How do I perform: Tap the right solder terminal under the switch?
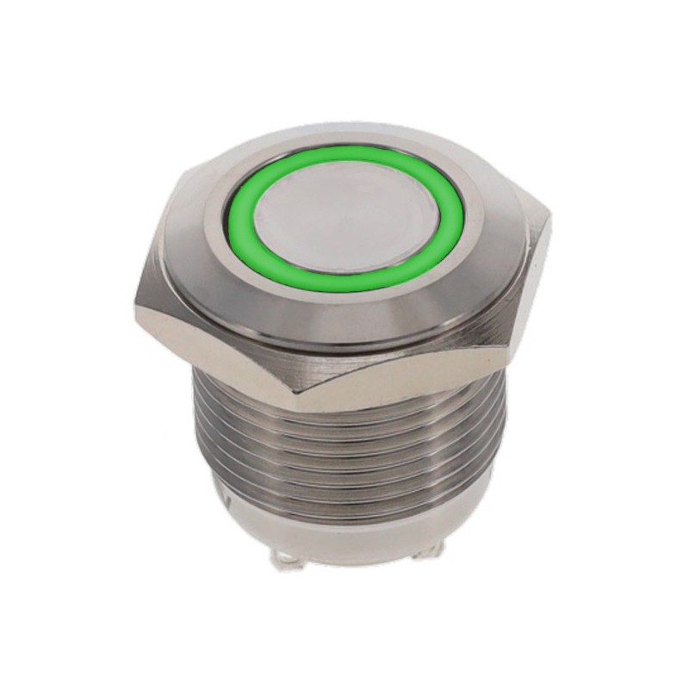pyautogui.click(x=427, y=552)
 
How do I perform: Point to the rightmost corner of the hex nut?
pyautogui.click(x=549, y=215)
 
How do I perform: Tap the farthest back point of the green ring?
pyautogui.click(x=344, y=152)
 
